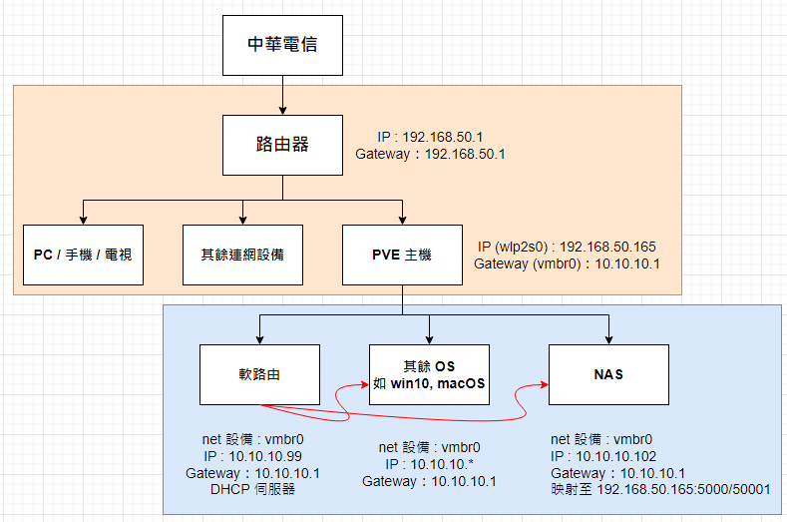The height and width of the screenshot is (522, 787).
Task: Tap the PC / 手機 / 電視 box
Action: [x=83, y=255]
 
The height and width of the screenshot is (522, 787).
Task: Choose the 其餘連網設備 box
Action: [x=242, y=255]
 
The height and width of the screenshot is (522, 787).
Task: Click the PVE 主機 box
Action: [x=402, y=255]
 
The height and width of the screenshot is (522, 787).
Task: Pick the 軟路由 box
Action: [x=259, y=375]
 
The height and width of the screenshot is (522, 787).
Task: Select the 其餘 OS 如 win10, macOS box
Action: [x=429, y=375]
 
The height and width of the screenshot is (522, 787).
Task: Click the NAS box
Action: [x=608, y=375]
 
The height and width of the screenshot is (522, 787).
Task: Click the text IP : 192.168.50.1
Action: [x=430, y=137]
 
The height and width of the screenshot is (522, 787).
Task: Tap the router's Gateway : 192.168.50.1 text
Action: [x=430, y=155]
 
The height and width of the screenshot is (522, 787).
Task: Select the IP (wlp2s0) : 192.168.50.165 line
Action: [x=566, y=247]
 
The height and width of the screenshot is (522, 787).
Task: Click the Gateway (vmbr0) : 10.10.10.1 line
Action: [x=566, y=264]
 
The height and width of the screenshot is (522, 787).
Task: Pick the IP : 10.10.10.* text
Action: [x=428, y=464]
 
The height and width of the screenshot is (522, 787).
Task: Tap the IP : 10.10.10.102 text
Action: [x=605, y=455]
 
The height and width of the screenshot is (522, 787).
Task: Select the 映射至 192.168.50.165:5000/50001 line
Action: [x=659, y=491]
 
